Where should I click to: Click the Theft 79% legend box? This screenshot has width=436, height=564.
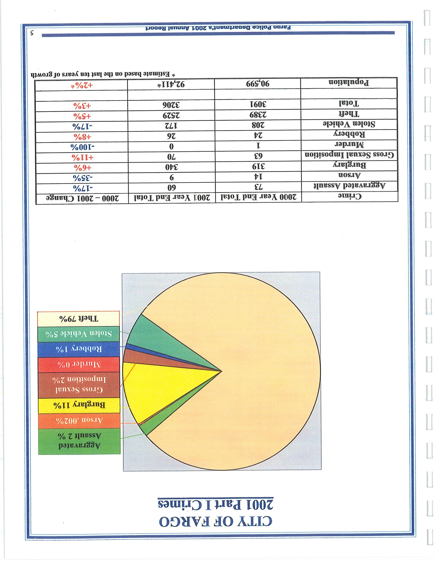click(x=78, y=319)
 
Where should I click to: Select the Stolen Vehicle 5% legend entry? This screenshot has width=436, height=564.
click(x=78, y=334)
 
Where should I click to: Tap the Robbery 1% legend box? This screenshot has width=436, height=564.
click(x=78, y=349)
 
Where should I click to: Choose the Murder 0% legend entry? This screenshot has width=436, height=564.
click(x=78, y=364)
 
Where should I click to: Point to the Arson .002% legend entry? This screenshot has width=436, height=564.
click(x=78, y=420)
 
